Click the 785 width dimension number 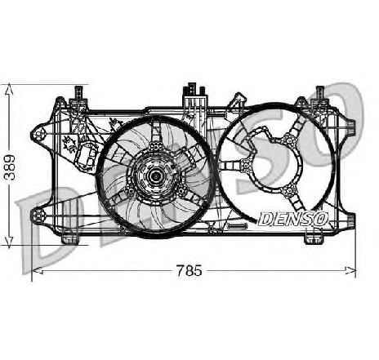tap(189, 270)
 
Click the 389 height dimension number tap(10, 167)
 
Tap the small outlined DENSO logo tap(293, 219)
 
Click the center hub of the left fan tap(155, 176)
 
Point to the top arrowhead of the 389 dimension tap(9, 89)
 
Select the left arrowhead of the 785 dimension tap(38, 270)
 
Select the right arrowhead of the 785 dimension tap(350, 270)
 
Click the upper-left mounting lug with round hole tap(40, 135)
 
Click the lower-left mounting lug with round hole tap(38, 216)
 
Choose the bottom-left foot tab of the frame tap(70, 238)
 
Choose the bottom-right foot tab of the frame tap(314, 238)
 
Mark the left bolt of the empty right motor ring tap(247, 165)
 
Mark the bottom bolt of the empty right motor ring tap(289, 190)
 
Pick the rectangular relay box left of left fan tap(87, 156)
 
